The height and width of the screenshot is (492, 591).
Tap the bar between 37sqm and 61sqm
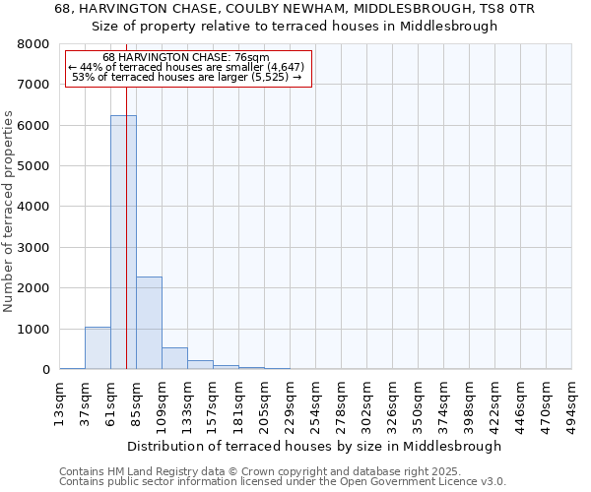click(x=98, y=348)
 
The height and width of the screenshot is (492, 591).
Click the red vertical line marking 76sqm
click(x=127, y=197)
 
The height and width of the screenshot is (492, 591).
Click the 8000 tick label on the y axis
click(x=32, y=44)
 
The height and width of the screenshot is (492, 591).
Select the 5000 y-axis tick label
click(x=32, y=166)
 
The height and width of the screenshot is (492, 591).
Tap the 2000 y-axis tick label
click(x=32, y=288)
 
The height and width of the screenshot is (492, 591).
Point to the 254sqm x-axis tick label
click(x=316, y=401)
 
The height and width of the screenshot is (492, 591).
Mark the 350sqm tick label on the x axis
click(x=419, y=401)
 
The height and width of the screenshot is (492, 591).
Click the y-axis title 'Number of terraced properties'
click(x=9, y=212)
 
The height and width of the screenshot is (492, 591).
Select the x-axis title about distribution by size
click(x=314, y=446)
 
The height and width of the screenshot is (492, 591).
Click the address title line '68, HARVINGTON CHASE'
click(x=295, y=9)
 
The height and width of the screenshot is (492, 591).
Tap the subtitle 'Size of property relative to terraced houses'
click(x=295, y=27)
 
